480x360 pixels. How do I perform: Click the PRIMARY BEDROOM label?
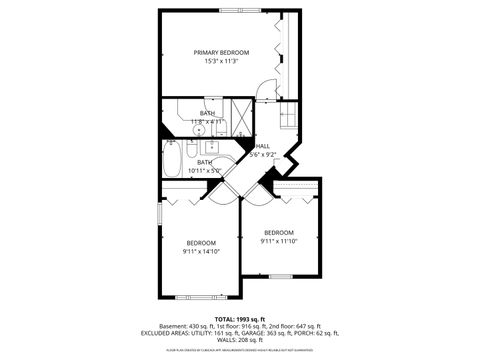(x=221, y=52)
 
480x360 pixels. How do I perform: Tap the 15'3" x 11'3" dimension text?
(x=221, y=60)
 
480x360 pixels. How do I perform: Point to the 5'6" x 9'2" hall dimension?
(x=264, y=154)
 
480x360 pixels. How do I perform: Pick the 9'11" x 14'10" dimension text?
(x=201, y=251)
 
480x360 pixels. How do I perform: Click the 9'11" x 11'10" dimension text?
(x=279, y=241)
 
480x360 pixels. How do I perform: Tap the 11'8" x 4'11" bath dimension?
(x=207, y=122)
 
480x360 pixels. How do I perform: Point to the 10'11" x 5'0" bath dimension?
(x=205, y=171)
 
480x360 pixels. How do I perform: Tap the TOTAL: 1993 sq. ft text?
(x=239, y=319)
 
